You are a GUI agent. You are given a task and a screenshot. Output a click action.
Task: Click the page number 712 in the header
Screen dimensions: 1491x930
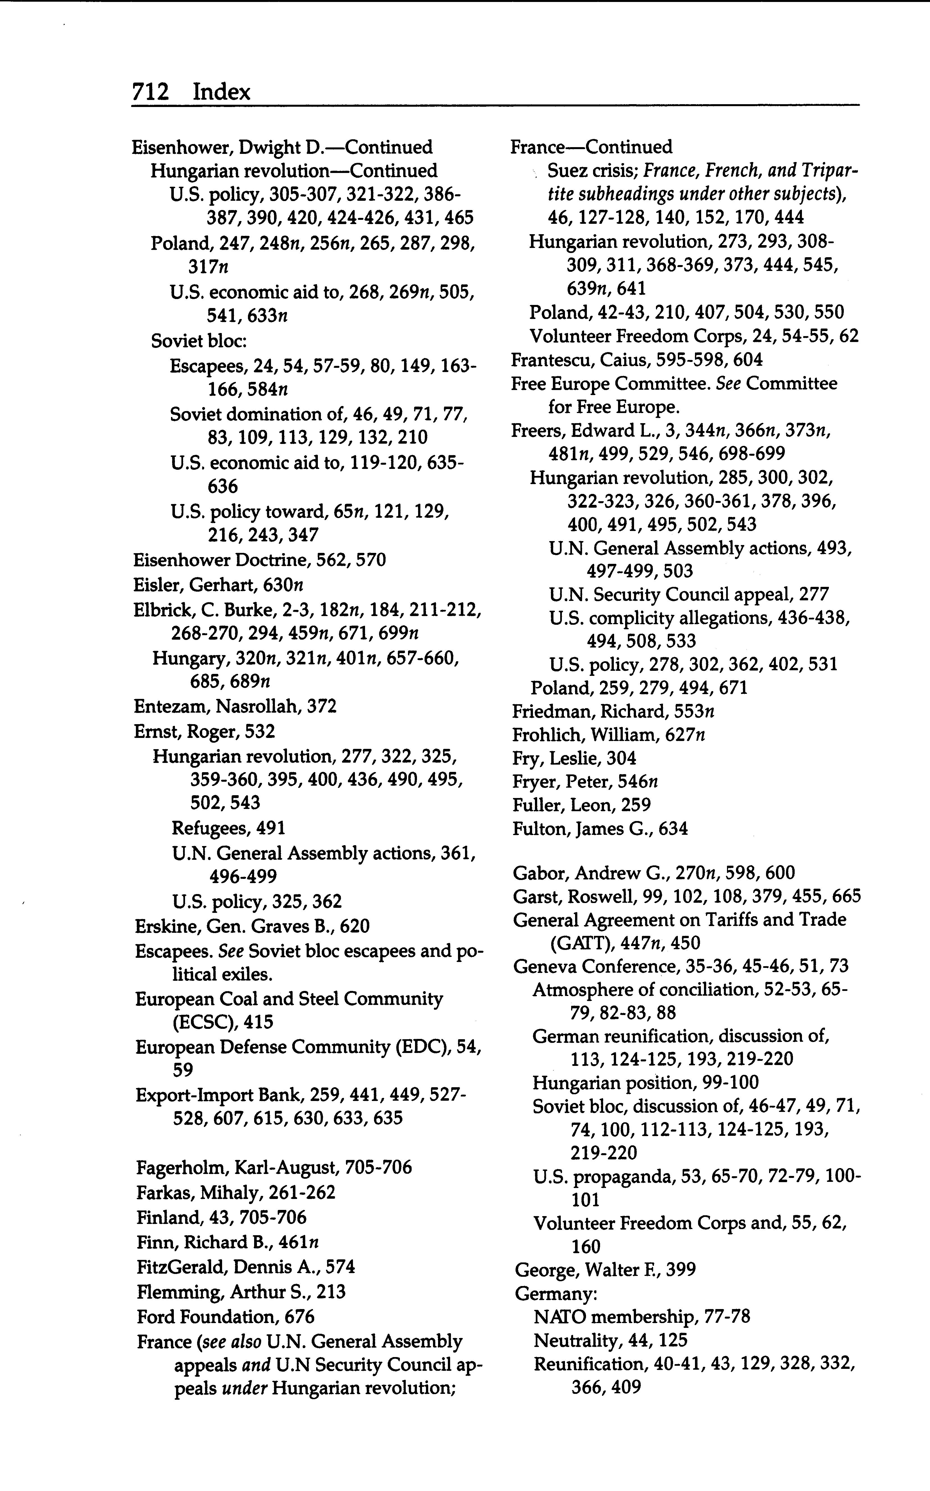150,92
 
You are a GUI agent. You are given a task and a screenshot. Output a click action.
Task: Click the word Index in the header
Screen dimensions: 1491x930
222,92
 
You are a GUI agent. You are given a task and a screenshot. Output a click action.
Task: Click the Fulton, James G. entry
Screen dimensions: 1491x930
600,829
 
